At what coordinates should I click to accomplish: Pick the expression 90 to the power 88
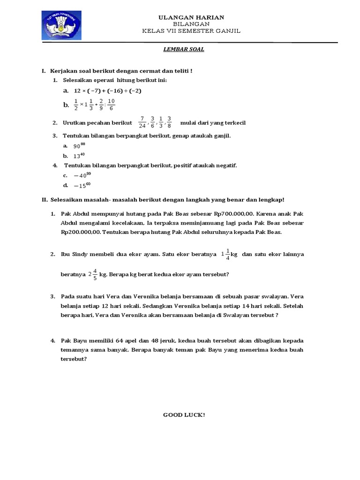80,146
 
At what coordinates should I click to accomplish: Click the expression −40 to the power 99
82,175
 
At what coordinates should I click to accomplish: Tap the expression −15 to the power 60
82,185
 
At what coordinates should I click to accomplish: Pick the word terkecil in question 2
234,123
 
